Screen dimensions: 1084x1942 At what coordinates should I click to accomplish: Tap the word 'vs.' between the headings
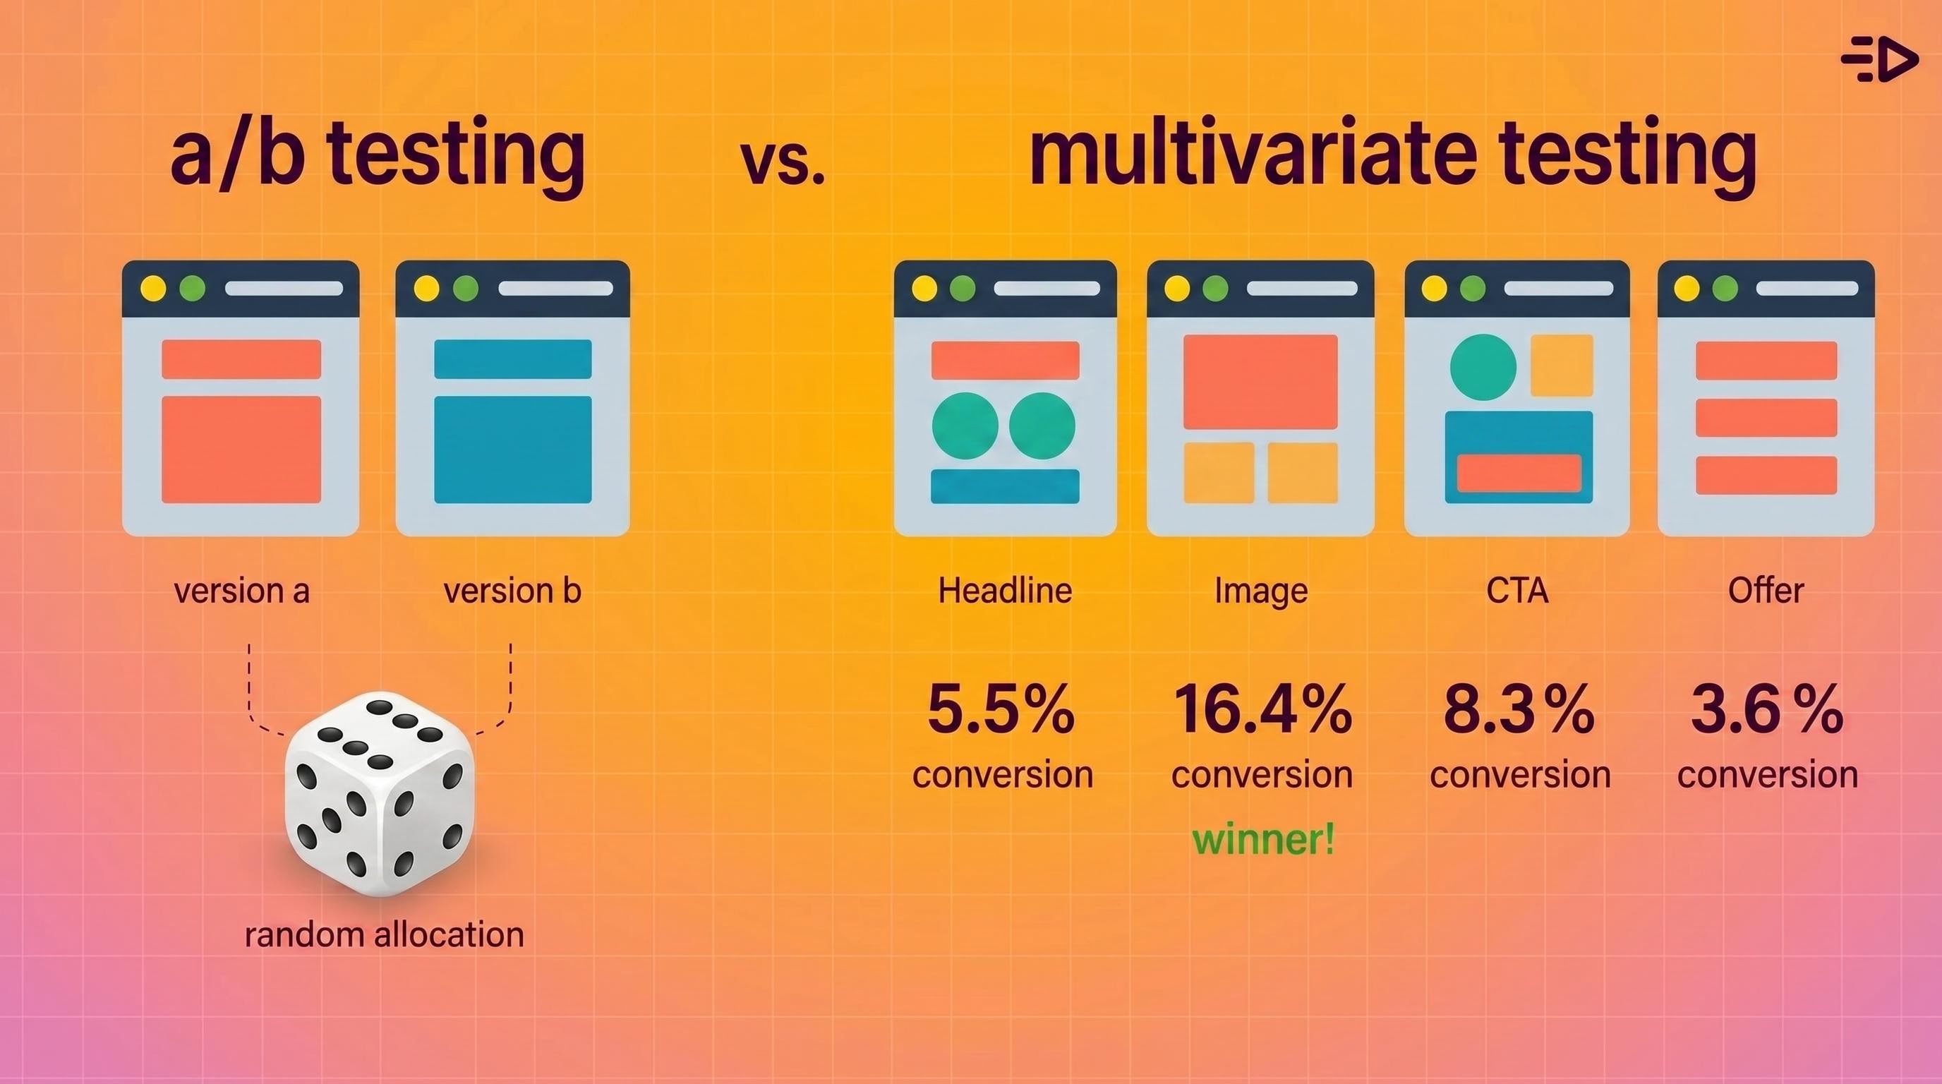click(x=783, y=162)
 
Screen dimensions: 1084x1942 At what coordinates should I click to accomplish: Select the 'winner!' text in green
click(x=1262, y=839)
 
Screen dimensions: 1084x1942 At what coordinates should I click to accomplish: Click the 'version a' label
click(x=241, y=590)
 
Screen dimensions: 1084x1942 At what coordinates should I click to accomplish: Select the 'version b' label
click(x=512, y=590)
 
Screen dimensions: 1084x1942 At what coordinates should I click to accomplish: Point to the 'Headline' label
click(x=1005, y=590)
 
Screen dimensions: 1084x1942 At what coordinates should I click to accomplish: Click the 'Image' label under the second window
click(x=1261, y=591)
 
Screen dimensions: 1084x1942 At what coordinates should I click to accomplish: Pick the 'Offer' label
click(x=1766, y=590)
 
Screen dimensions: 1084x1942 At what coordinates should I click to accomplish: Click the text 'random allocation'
click(x=384, y=935)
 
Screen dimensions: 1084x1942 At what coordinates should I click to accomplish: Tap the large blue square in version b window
click(x=512, y=450)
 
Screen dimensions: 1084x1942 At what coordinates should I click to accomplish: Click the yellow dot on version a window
click(x=153, y=288)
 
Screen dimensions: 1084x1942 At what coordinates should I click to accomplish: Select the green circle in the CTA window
click(x=1483, y=367)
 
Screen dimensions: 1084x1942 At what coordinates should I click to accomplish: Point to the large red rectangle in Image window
click(x=1260, y=381)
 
